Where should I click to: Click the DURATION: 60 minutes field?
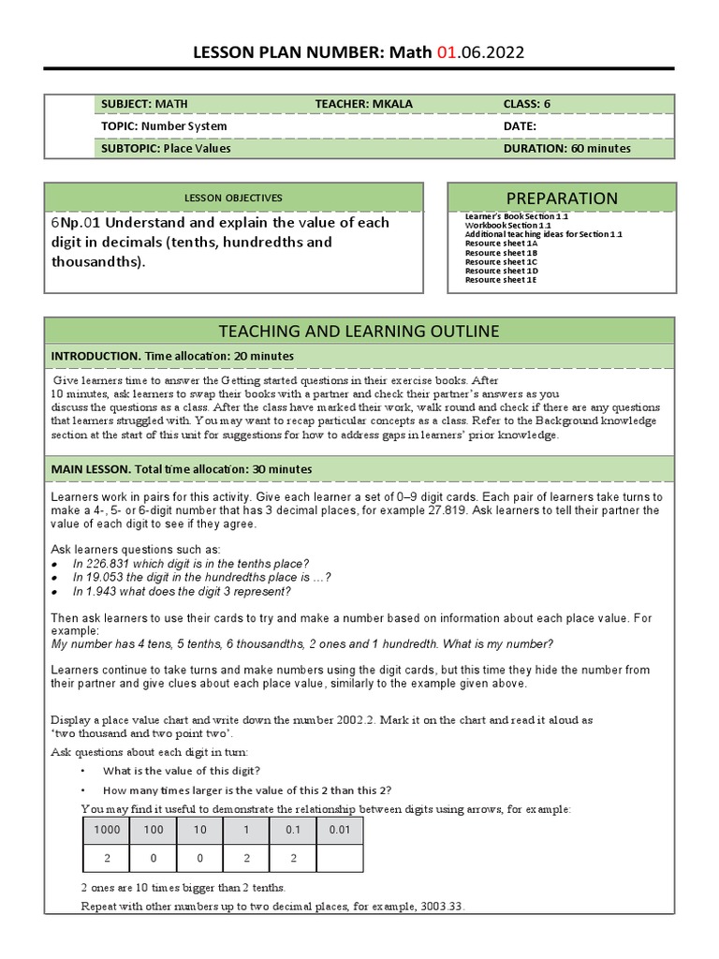click(566, 148)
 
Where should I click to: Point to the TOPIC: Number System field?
click(164, 125)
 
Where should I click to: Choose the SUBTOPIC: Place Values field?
click(166, 148)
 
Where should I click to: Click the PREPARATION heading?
click(561, 198)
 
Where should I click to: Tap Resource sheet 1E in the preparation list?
click(500, 280)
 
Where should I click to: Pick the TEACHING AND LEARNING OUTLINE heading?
click(359, 331)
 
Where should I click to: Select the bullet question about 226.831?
click(190, 563)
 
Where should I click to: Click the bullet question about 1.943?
click(182, 591)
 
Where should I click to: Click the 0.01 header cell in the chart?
click(340, 830)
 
